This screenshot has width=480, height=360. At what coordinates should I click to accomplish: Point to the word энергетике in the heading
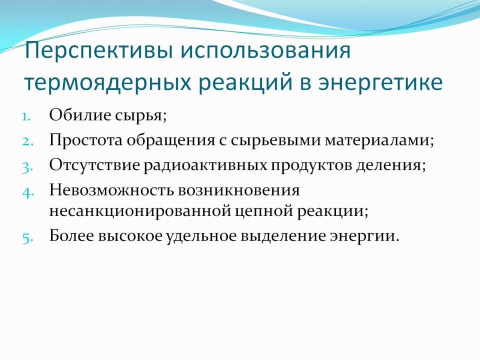pyautogui.click(x=380, y=82)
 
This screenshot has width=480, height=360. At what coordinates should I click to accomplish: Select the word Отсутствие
pyautogui.click(x=94, y=165)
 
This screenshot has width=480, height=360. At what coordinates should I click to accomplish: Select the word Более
pyautogui.click(x=71, y=235)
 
